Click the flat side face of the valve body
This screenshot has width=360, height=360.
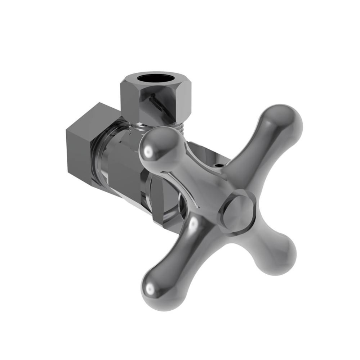click(x=126, y=173)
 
